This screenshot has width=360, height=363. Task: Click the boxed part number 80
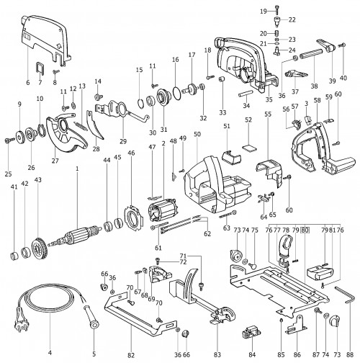(305, 230)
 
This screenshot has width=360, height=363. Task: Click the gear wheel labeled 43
(39, 249)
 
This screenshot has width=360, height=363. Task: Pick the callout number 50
(197, 134)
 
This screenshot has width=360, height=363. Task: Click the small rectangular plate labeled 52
(249, 148)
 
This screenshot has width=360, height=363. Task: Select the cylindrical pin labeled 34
(246, 93)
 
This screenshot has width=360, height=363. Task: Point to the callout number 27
(55, 161)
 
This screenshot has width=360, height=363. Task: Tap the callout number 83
(217, 354)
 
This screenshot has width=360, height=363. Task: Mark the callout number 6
(28, 83)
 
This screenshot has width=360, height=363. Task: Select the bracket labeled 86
(296, 325)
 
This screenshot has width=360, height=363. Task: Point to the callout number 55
(268, 114)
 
